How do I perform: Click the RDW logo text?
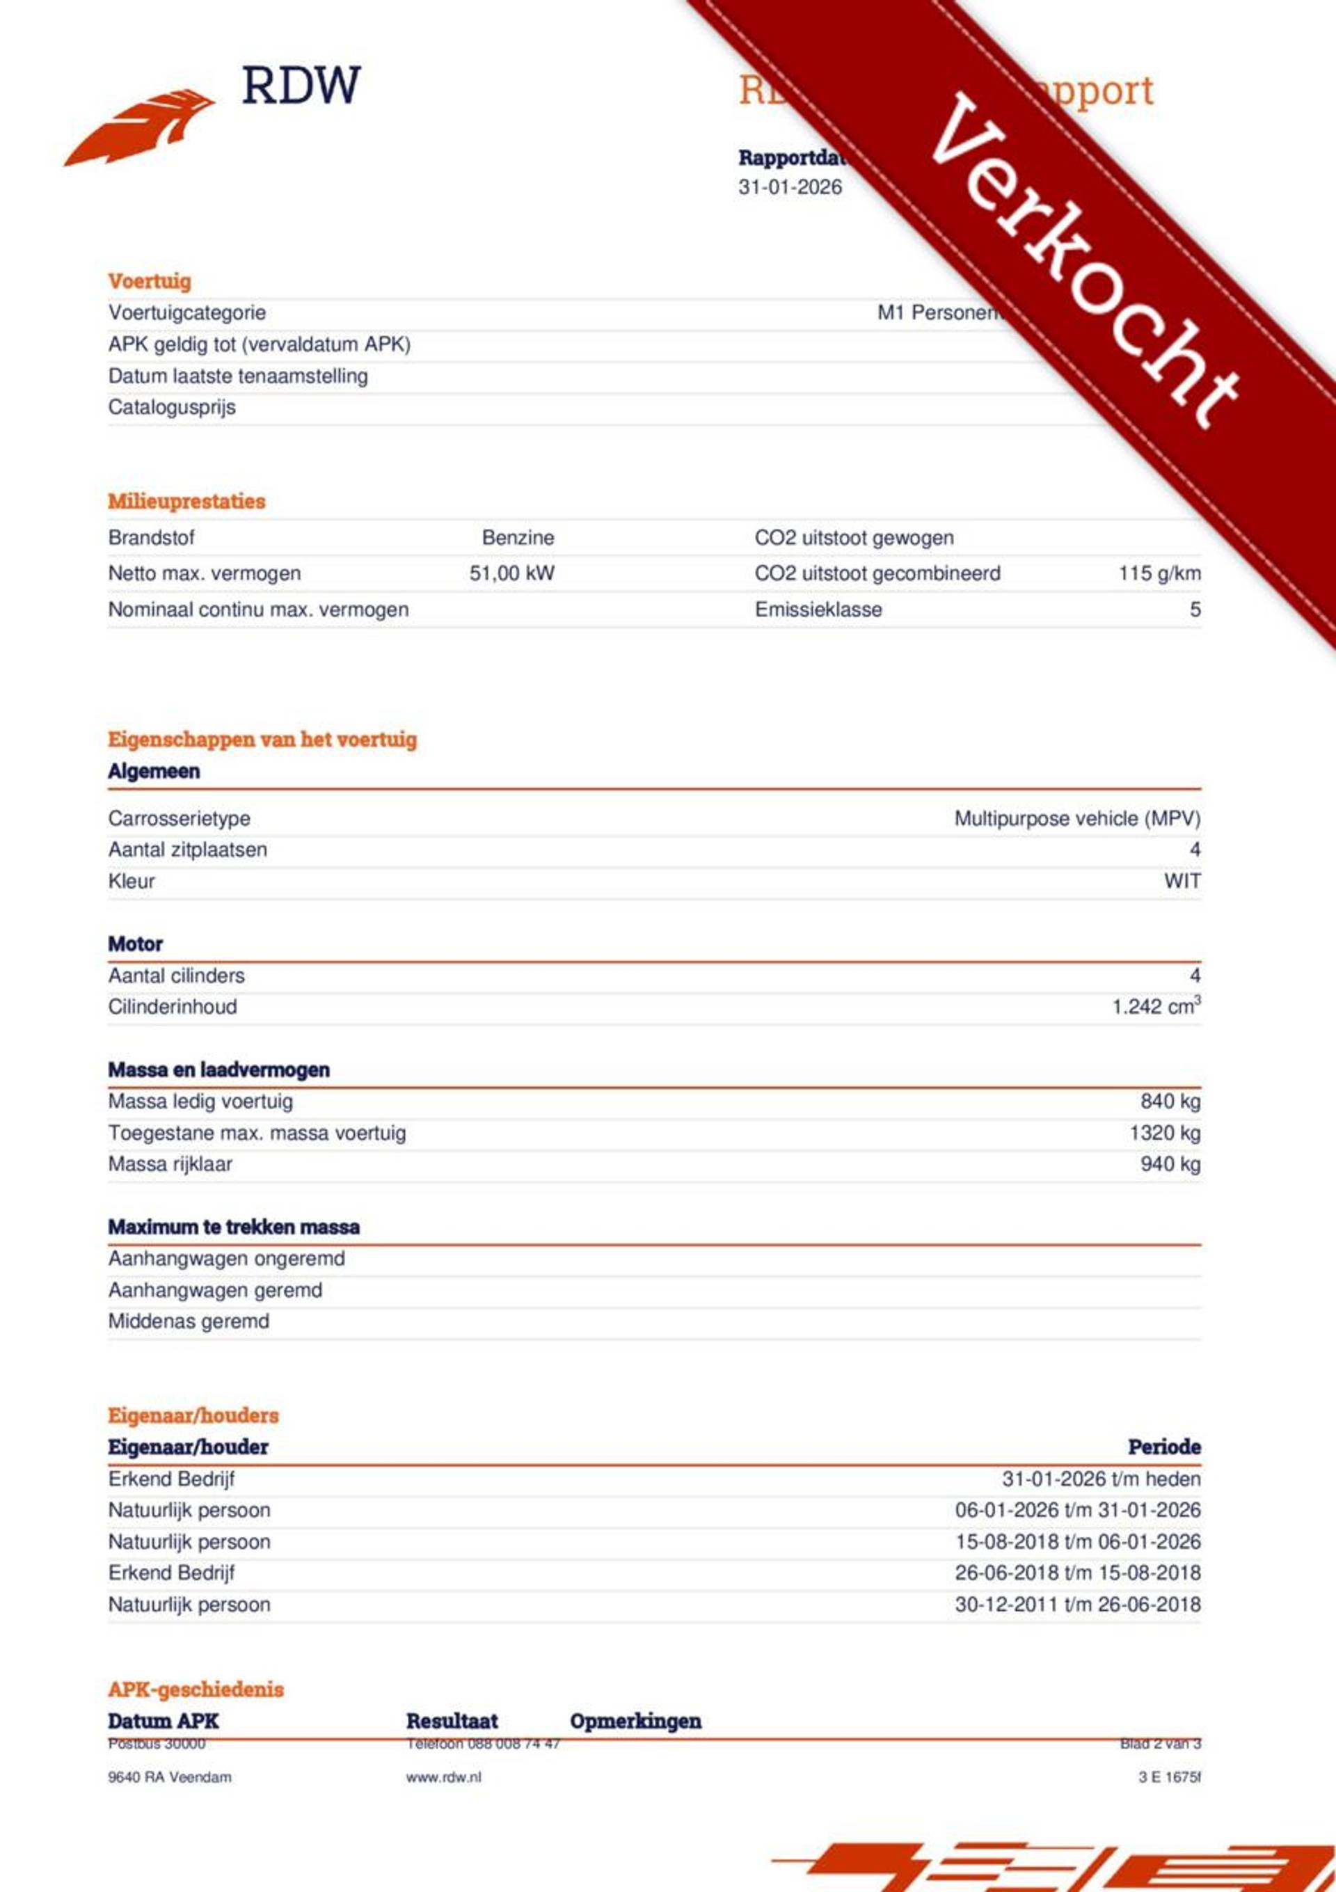[301, 86]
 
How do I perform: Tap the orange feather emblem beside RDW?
[140, 128]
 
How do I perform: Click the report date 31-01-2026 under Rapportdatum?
[790, 187]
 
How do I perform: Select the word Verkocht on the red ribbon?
[1085, 262]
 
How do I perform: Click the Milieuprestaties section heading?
[186, 501]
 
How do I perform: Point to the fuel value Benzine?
[518, 538]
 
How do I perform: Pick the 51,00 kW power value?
[512, 573]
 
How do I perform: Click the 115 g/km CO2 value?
[1159, 573]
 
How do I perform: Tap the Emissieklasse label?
[818, 610]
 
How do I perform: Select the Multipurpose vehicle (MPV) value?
[1076, 819]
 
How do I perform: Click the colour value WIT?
[1182, 881]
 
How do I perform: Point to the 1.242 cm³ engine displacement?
[1156, 1007]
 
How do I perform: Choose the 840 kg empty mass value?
[1170, 1102]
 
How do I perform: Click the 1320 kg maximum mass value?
[1165, 1133]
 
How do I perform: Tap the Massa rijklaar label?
[170, 1164]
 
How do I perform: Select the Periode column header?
[1163, 1447]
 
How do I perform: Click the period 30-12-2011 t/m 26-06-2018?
[1077, 1605]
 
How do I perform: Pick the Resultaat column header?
[452, 1721]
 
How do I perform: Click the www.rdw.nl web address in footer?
[443, 1777]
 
